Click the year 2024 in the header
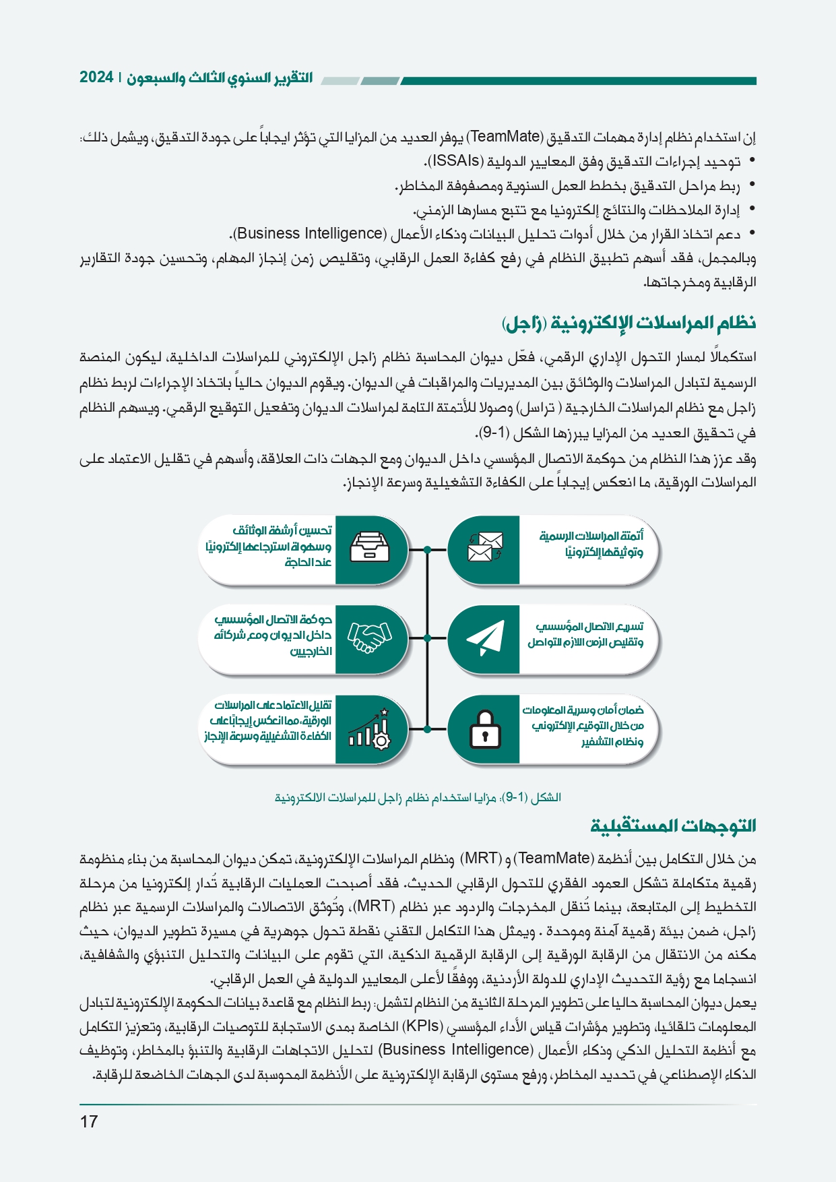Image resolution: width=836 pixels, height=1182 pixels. click(96, 77)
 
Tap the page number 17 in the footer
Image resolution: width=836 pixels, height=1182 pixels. click(89, 1121)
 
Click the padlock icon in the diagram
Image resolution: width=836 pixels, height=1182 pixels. click(484, 729)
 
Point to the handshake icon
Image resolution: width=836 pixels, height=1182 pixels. click(369, 637)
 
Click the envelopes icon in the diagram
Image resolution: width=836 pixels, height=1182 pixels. click(485, 548)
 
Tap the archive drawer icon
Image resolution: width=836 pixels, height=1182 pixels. click(370, 547)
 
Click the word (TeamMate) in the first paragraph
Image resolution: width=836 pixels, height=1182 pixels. click(505, 137)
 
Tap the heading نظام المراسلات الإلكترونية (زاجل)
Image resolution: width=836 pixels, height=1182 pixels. click(628, 323)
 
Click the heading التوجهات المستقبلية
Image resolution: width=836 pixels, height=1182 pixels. click(673, 826)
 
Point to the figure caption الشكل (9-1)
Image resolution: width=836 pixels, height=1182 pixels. click(418, 797)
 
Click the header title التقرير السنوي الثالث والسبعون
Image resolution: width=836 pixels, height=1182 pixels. click(220, 77)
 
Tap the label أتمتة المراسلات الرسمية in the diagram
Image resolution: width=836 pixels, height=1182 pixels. click(591, 536)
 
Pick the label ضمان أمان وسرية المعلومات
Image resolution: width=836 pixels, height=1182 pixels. click(583, 710)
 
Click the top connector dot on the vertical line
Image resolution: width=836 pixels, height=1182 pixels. click(427, 550)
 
